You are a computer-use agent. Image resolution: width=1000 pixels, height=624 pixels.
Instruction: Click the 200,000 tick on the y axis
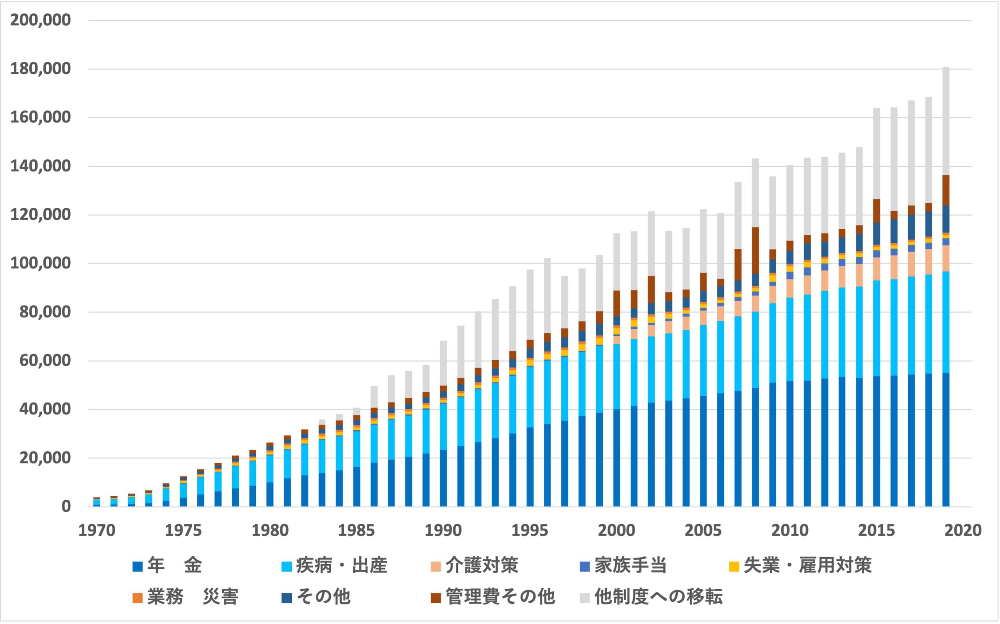tap(41, 20)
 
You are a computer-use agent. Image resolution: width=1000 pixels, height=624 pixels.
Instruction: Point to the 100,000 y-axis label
tap(41, 263)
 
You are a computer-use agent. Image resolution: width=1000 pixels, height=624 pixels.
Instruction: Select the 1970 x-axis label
tap(96, 531)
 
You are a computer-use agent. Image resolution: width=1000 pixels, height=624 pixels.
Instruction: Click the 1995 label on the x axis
tap(530, 531)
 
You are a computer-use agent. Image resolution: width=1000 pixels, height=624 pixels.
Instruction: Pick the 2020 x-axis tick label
tap(963, 531)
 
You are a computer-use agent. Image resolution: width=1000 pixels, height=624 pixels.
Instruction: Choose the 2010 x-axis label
tap(789, 531)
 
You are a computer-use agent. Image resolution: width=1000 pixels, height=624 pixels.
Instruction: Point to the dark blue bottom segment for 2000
tap(616, 458)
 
